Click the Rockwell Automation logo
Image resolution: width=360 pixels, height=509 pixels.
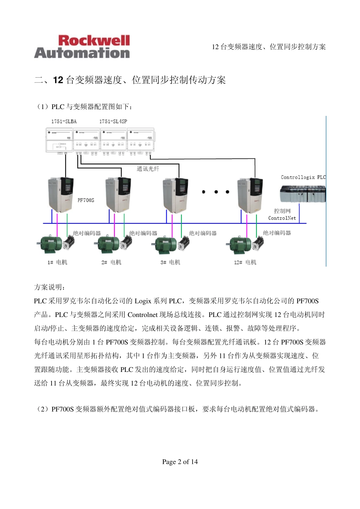point(82,47)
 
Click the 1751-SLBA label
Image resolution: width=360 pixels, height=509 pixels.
point(64,122)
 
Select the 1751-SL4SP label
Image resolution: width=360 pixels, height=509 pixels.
point(113,122)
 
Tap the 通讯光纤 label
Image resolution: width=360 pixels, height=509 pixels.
point(148,169)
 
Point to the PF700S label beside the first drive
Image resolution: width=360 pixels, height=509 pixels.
point(86,200)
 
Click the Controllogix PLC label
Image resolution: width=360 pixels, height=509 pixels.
point(303,177)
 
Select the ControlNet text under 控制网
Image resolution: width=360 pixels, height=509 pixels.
point(282,218)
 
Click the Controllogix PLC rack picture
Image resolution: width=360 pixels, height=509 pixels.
point(302,194)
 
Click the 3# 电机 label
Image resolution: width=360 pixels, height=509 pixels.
point(170,262)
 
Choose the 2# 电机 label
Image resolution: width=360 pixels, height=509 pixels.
point(111,262)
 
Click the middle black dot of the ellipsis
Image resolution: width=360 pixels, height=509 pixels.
point(216,192)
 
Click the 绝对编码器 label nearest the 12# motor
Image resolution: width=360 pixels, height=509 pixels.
point(277,233)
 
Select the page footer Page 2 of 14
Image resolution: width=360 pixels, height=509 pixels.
point(180,462)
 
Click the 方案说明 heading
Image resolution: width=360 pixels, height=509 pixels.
point(49,287)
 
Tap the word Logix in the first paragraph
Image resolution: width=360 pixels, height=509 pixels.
point(143,301)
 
